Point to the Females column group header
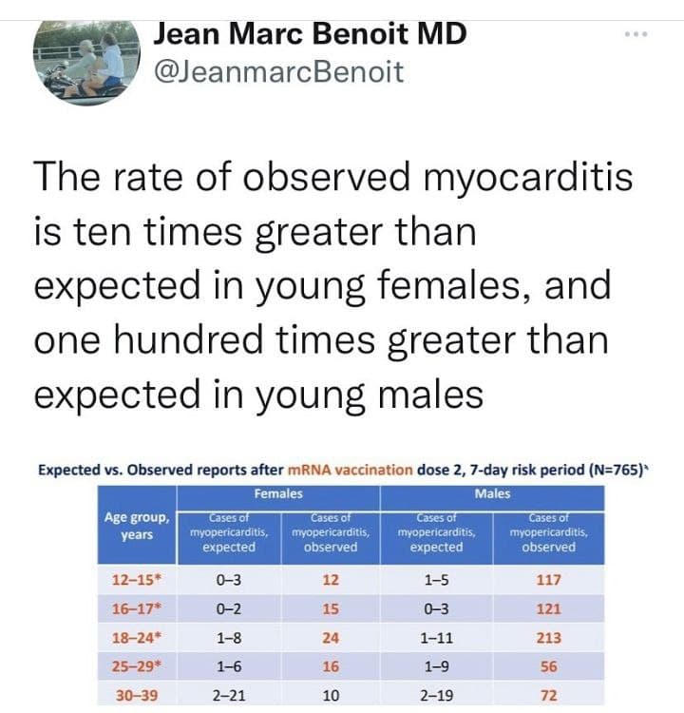coord(278,493)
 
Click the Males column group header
coord(492,493)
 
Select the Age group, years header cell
coord(137,526)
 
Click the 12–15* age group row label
coord(137,579)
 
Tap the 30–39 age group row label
coord(137,695)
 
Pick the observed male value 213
coord(548,638)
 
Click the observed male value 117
coord(548,579)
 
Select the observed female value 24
coord(331,638)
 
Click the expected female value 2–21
coord(229,695)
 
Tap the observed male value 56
coord(548,666)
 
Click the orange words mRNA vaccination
coord(355,470)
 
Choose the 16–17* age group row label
coord(137,608)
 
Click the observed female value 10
coord(331,695)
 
